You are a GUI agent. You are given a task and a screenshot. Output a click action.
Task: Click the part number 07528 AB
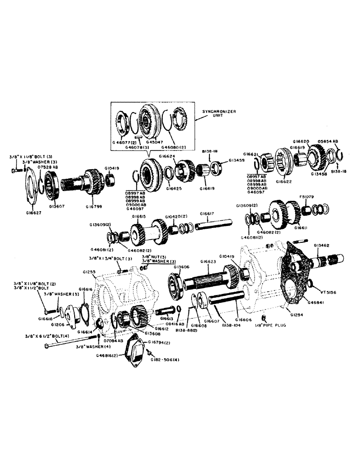point(48,166)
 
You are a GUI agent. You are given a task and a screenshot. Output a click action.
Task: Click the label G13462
point(322,245)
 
